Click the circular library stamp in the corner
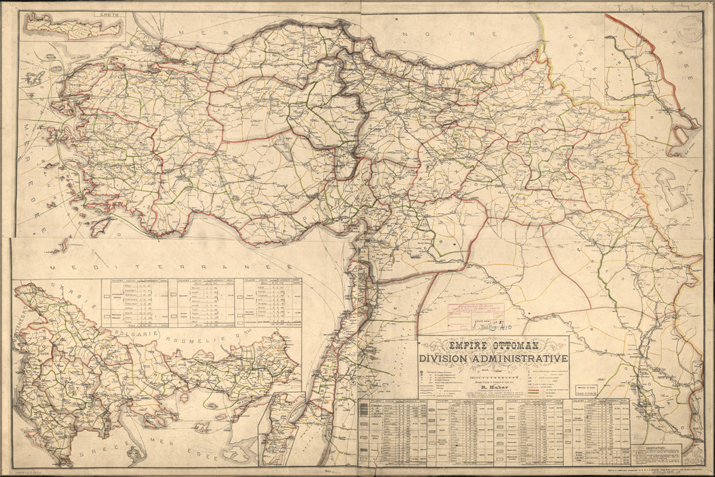(690, 31)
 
